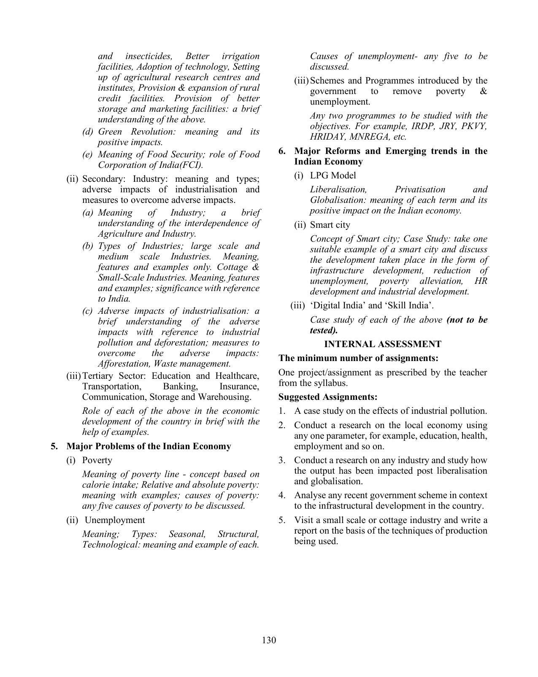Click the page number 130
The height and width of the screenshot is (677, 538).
point(269,640)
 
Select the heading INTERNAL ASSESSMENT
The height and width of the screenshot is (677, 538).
point(382,344)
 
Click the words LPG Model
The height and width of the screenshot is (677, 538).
point(333,175)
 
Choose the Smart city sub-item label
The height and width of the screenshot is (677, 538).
point(330,225)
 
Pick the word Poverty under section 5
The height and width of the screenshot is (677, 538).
point(97,460)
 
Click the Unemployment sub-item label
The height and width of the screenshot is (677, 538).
point(115,520)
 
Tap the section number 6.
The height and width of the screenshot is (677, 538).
point(282,151)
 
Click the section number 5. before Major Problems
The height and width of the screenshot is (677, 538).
point(54,446)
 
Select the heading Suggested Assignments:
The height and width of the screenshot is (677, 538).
point(328,397)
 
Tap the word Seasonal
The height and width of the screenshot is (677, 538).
point(187,534)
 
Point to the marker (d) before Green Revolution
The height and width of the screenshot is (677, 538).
point(87,132)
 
